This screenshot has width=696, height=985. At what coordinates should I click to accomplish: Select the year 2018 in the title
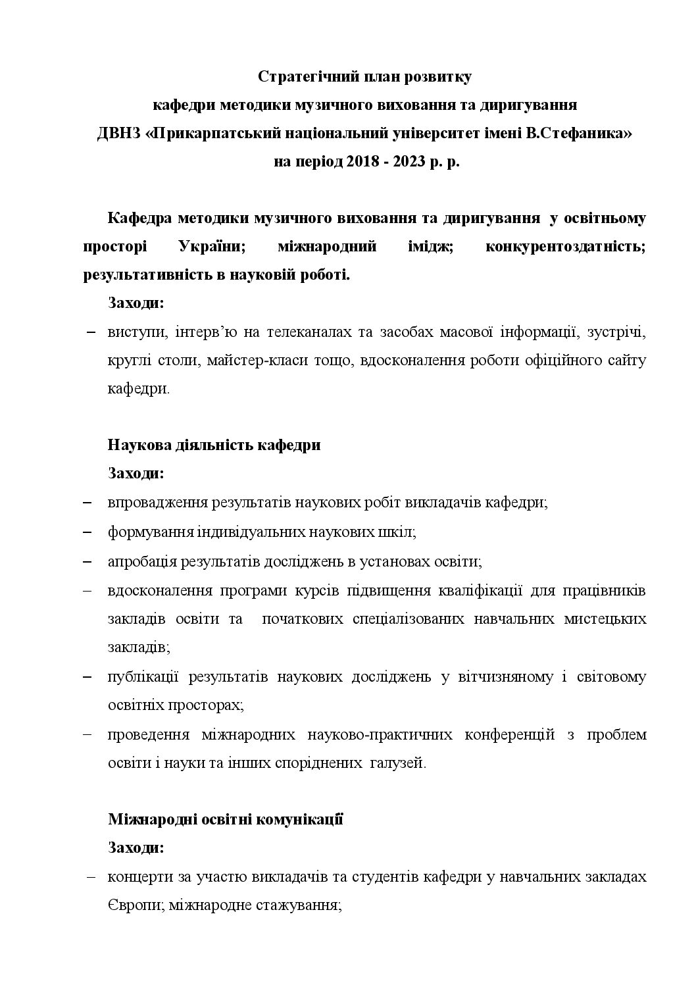[361, 162]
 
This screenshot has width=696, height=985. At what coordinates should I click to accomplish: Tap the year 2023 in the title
[409, 162]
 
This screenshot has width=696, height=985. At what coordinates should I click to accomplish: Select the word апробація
[139, 562]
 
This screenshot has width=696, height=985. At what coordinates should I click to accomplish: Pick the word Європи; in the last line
[135, 905]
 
